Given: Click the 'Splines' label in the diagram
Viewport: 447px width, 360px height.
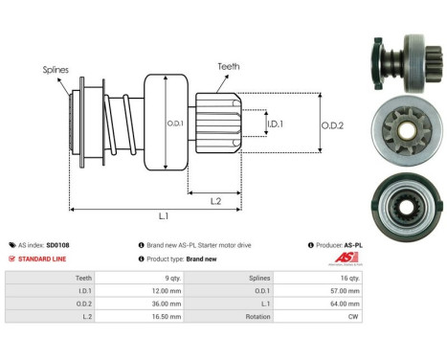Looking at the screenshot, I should click(x=55, y=69).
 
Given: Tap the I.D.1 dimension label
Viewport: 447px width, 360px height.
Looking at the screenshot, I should click(x=275, y=124).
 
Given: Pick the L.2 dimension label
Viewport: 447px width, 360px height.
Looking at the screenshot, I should click(x=216, y=199).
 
